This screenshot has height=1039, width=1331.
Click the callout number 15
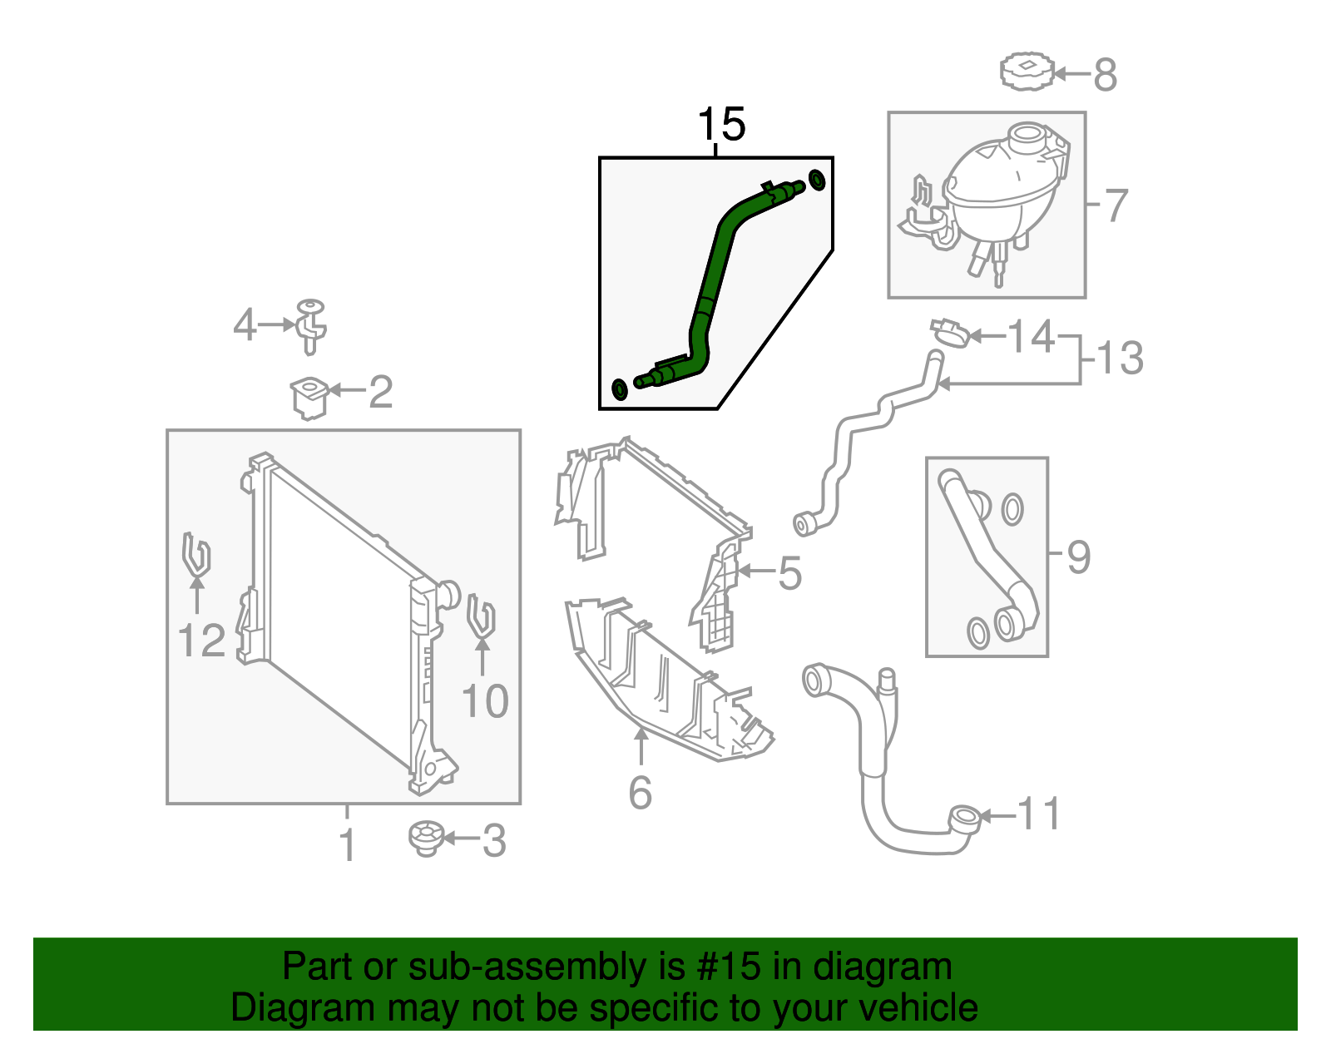point(721,125)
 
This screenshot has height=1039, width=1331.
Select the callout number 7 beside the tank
point(1115,205)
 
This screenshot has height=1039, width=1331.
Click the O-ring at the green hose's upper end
point(817,180)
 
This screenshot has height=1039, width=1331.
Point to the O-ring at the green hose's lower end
point(619,388)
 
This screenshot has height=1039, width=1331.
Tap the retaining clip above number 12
point(195,553)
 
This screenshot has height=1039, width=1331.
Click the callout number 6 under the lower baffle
point(640,792)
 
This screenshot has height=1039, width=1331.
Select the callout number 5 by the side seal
point(789,573)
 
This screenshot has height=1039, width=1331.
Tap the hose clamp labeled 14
point(949,331)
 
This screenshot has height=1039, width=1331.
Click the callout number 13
point(1120,359)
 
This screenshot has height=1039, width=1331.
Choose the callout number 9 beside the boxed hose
point(1078,557)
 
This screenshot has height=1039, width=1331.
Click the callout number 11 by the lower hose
point(1039,814)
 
